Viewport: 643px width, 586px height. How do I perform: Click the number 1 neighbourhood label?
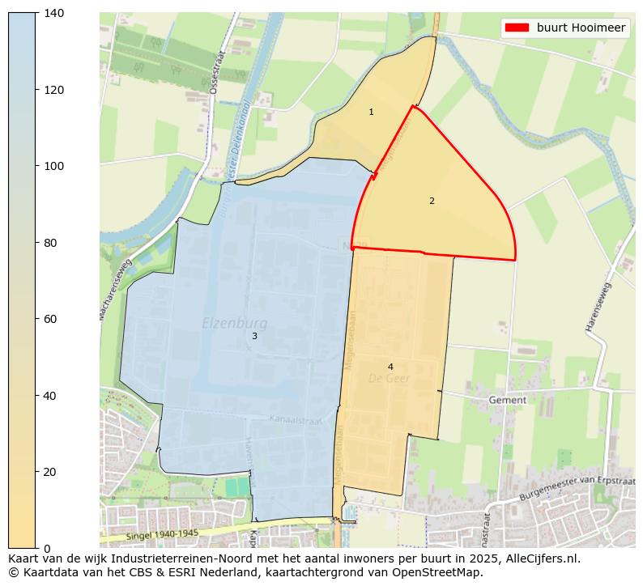tap(371, 113)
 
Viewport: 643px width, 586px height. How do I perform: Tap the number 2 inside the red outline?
tap(432, 201)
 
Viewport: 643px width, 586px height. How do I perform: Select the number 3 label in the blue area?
tap(254, 336)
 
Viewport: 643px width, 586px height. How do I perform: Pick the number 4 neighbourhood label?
tap(390, 367)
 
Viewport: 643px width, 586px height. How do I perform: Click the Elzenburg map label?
tap(234, 324)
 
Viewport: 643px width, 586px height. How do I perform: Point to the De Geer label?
tap(390, 378)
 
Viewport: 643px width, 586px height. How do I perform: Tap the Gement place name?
tap(508, 400)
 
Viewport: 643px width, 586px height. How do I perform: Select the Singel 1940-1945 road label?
tap(162, 534)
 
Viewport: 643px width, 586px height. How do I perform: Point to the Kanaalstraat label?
tap(296, 421)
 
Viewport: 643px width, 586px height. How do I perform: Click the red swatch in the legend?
tap(517, 28)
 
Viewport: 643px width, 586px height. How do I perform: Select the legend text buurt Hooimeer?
tap(581, 28)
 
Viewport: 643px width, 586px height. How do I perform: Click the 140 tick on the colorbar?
tap(54, 14)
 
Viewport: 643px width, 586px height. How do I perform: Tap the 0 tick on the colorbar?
tap(48, 548)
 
